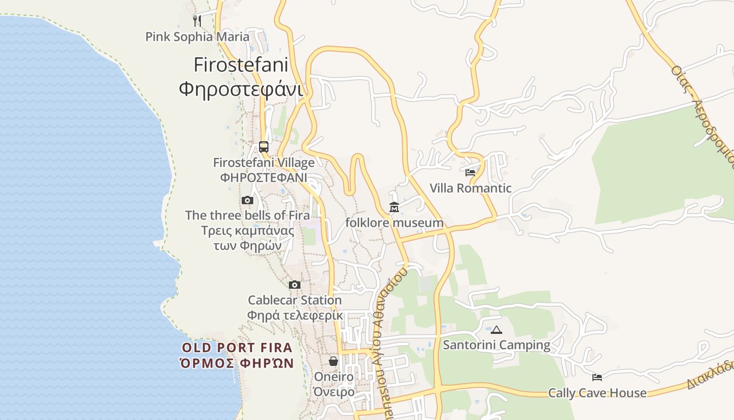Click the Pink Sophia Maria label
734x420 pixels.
pos(197,37)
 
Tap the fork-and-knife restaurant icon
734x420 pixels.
pos(197,20)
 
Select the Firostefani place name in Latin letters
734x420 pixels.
pos(241,65)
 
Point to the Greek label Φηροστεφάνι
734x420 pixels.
pos(241,89)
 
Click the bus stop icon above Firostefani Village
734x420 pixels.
pos(264,147)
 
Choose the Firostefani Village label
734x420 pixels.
pos(264,163)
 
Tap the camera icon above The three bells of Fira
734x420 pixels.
pos(247,200)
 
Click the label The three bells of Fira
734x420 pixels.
pos(247,215)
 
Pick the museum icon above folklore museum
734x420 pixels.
pos(394,207)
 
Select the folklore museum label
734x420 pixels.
pos(394,223)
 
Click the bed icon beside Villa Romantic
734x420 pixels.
pos(470,172)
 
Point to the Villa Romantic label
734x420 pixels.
pos(470,188)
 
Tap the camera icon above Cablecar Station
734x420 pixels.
pos(295,285)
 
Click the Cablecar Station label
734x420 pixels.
pos(295,300)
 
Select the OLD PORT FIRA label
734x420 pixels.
pos(237,348)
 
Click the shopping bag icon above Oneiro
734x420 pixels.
pos(333,361)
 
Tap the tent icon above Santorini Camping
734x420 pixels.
pos(496,330)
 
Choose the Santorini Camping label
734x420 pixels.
pos(496,345)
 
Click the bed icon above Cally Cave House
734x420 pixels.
pos(597,377)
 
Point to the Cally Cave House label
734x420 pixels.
pos(597,393)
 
